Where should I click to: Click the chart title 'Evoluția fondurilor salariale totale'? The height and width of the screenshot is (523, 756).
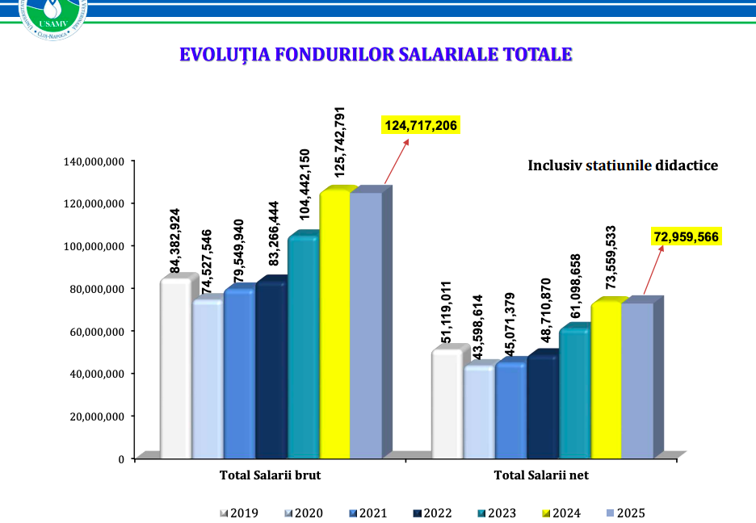pos(376,55)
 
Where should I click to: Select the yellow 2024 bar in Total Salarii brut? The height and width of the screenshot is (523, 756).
pos(334,323)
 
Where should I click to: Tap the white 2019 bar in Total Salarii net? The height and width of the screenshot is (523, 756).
pos(447,404)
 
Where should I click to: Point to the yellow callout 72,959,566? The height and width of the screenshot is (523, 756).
pos(686,236)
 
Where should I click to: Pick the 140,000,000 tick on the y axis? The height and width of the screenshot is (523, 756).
pos(93,161)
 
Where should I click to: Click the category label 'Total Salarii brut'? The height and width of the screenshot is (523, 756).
pos(270,475)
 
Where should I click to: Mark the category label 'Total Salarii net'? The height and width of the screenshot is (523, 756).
pos(541,475)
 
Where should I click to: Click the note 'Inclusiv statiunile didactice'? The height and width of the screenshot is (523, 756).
pos(623,165)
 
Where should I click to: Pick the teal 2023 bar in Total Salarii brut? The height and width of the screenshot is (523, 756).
pos(303,347)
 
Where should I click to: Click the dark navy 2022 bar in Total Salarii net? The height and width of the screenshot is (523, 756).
pos(542,408)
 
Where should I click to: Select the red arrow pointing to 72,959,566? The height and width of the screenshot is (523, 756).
pos(653,270)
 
